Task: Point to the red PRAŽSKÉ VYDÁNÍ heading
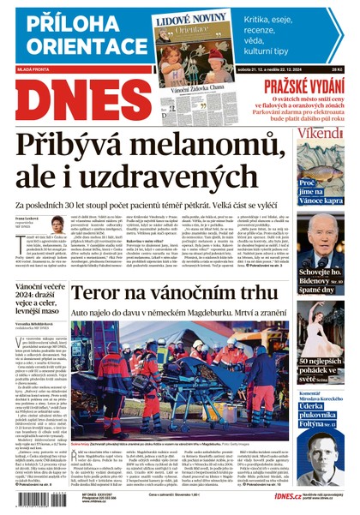pos(304,85)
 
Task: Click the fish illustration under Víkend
pos(325,163)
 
